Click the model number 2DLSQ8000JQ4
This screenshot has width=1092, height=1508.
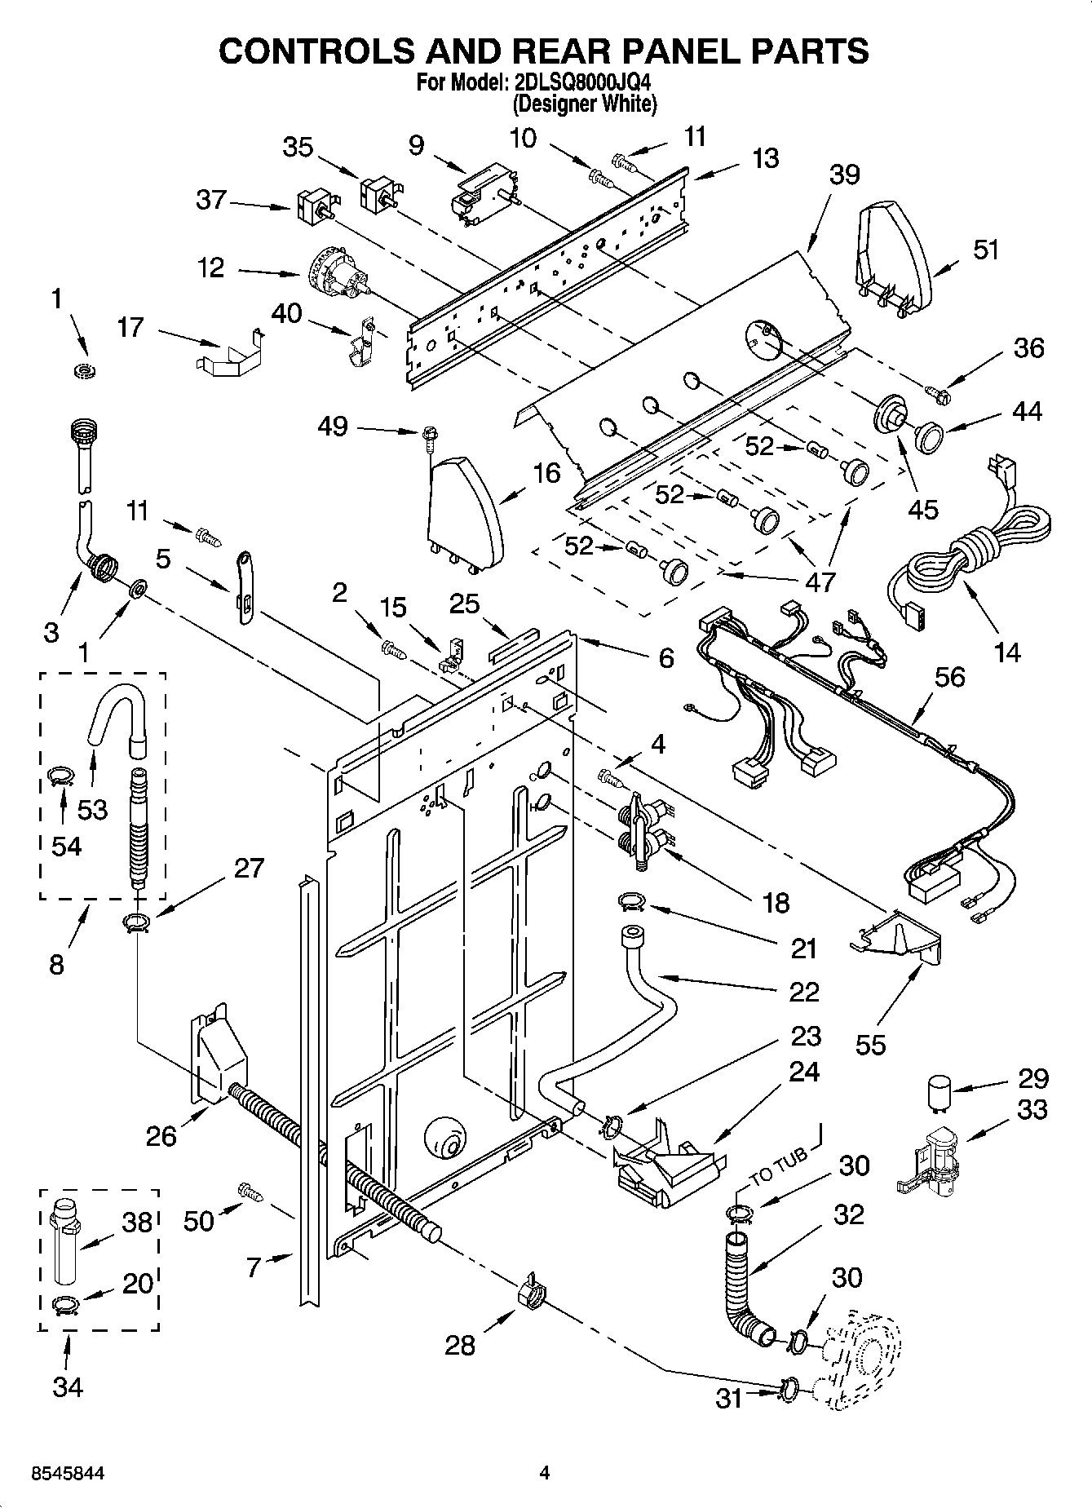(581, 83)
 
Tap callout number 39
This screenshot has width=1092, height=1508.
(845, 175)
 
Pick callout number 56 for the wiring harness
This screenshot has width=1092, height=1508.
(949, 677)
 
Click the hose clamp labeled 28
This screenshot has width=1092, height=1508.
(530, 1289)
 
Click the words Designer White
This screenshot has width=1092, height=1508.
(584, 104)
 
